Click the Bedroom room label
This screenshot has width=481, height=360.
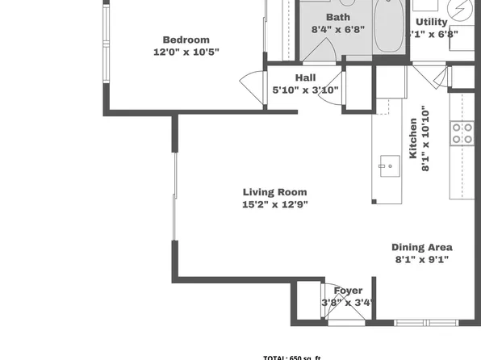186,40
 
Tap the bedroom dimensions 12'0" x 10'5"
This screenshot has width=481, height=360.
186,52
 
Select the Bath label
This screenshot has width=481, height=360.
338,17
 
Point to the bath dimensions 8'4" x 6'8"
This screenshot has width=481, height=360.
338,29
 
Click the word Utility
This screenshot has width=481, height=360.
431,22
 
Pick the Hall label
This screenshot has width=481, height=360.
305,77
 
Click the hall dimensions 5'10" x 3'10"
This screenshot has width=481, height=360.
305,90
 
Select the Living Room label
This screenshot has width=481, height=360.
275,192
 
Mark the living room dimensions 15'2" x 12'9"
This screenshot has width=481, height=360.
275,204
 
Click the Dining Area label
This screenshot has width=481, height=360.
421,247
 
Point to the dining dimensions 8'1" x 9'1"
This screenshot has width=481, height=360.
421,259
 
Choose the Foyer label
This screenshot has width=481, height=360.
349,291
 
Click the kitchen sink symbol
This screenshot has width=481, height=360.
388,167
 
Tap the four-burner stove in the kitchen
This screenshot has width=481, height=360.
462,133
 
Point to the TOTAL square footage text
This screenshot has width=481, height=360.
292,356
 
